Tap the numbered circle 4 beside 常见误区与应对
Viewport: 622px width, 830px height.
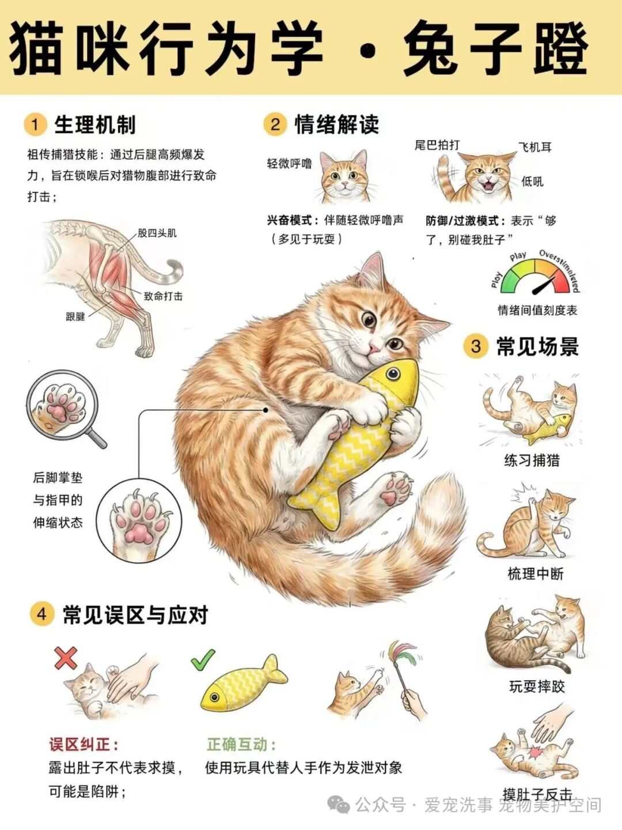pos(41,614)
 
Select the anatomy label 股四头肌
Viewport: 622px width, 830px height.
pos(157,233)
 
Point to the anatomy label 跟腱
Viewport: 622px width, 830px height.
pos(75,316)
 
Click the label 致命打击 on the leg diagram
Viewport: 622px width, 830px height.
pos(163,296)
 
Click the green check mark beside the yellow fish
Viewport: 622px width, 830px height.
pos(203,659)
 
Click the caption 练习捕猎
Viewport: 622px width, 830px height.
pos(532,461)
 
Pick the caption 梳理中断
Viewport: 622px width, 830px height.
pos(535,574)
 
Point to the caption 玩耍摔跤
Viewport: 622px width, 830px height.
pos(537,686)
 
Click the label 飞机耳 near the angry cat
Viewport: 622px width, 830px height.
pos(535,147)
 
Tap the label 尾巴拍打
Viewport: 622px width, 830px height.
pos(437,145)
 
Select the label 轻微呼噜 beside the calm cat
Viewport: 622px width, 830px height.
pos(289,163)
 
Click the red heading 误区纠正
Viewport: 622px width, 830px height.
pos(84,744)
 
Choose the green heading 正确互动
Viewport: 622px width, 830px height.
pos(242,744)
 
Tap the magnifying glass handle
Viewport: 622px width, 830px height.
pos(97,439)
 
